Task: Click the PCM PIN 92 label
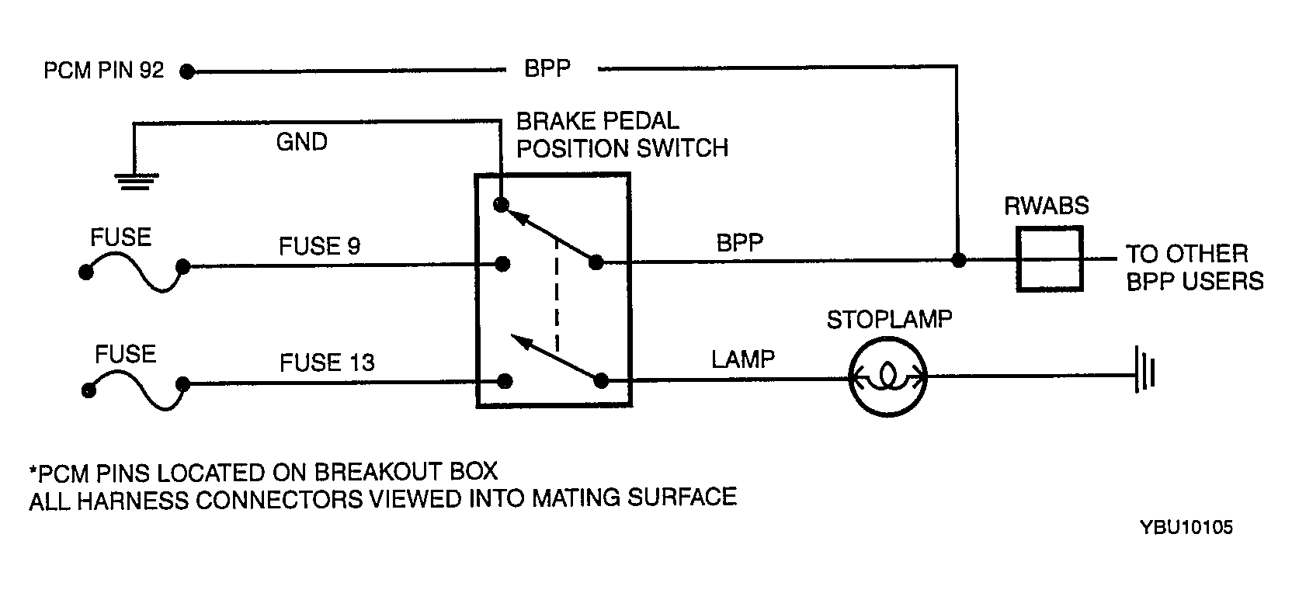[x=104, y=71]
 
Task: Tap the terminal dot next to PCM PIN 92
[x=187, y=71]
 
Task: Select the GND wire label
[x=302, y=142]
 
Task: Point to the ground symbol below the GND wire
[x=137, y=181]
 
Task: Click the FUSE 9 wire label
[x=320, y=246]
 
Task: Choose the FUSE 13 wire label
[x=327, y=362]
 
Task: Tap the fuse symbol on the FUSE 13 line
[x=136, y=390]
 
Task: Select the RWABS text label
[x=1047, y=206]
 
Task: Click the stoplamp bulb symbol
[x=888, y=377]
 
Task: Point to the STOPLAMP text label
[x=889, y=320]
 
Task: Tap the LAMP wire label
[x=743, y=359]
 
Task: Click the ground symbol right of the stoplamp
[x=1145, y=369]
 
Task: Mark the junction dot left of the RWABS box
[x=959, y=260]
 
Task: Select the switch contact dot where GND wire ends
[x=502, y=204]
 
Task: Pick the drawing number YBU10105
[x=1186, y=527]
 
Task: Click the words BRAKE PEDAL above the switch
[x=598, y=121]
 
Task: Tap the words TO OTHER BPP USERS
[x=1194, y=268]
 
